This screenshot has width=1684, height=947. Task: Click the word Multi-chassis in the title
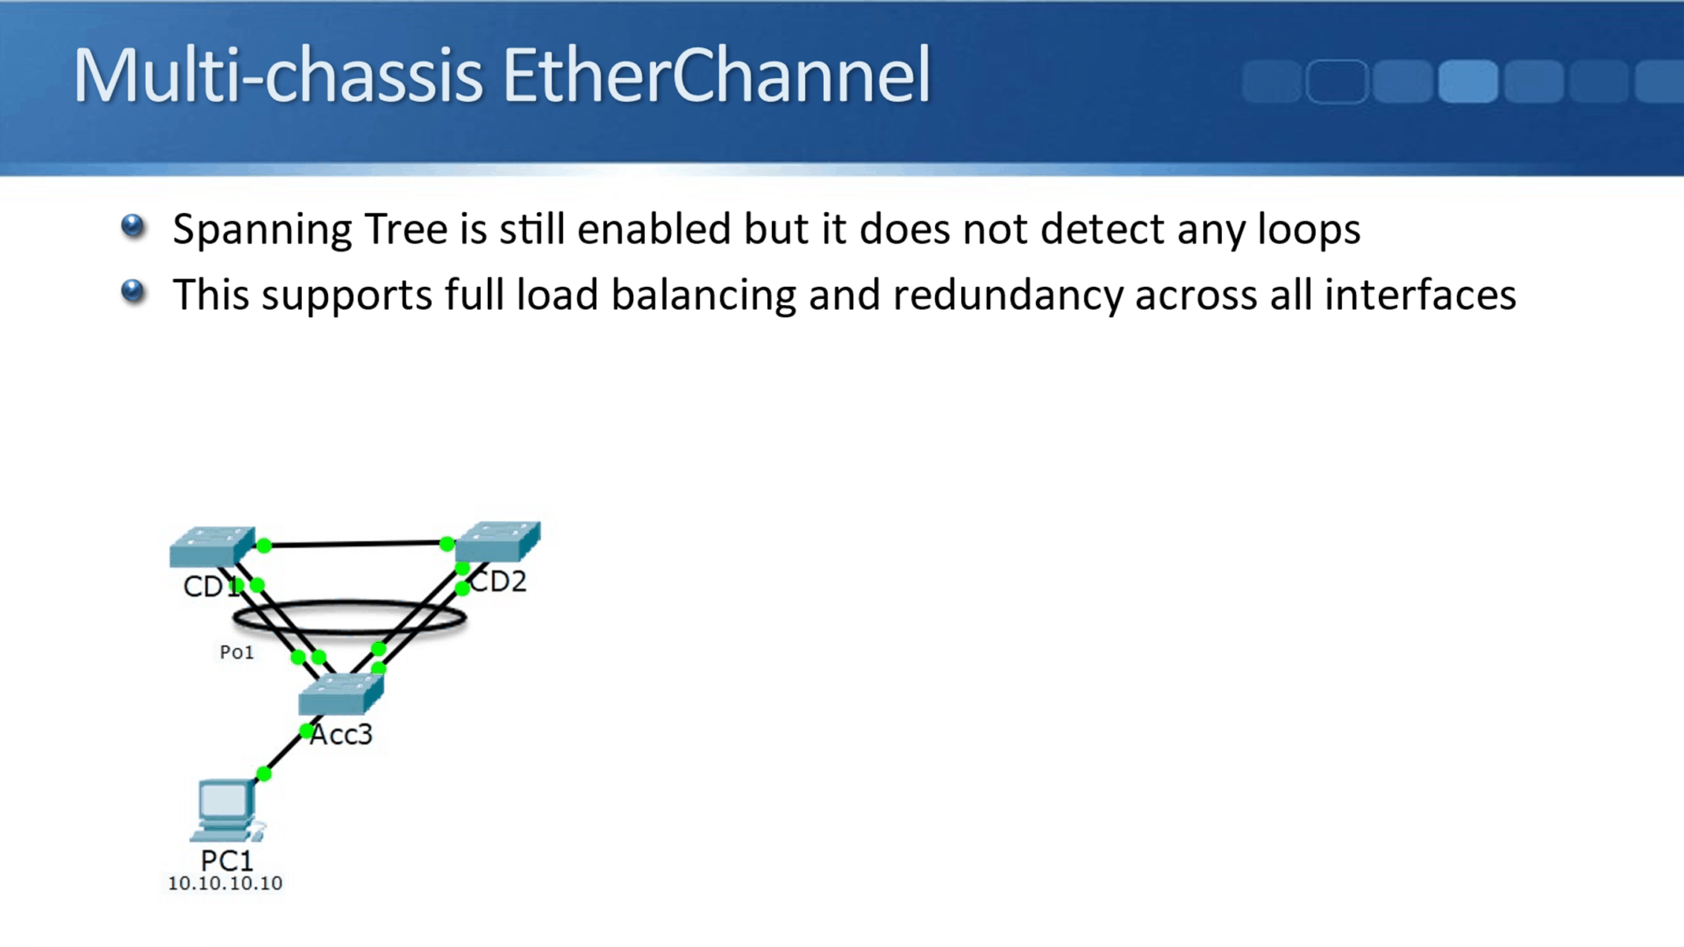point(277,76)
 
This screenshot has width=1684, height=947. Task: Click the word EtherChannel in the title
point(716,76)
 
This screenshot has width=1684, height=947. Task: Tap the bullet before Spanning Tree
point(132,225)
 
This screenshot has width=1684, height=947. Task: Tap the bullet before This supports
point(132,292)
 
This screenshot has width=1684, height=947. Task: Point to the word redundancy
point(1007,296)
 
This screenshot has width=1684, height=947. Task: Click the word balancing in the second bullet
point(703,296)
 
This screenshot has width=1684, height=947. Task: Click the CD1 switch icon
point(211,547)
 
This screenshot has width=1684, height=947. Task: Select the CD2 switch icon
point(498,540)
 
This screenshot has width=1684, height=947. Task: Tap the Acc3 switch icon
point(340,695)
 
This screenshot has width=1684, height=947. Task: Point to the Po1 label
point(237,653)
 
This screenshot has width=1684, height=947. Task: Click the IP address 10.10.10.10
point(225,884)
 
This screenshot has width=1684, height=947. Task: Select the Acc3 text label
point(342,734)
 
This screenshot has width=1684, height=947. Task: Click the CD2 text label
point(498,581)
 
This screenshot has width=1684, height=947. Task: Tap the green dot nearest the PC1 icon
point(264,774)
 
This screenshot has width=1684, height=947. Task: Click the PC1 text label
point(227,861)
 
